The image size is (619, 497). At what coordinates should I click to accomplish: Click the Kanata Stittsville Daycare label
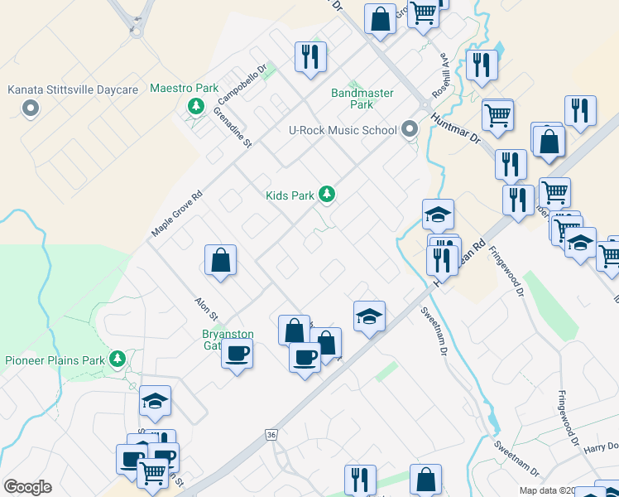point(72,89)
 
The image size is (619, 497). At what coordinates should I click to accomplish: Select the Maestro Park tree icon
point(196,105)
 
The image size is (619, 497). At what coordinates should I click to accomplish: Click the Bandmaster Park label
point(362,99)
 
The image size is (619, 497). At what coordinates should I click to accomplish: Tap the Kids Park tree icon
point(328,195)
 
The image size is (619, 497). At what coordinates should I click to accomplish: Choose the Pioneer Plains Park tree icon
point(118,359)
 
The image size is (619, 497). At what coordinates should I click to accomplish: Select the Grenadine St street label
point(233,128)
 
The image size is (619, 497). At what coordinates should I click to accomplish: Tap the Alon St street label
point(205,309)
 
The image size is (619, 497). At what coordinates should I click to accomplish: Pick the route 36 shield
point(271,435)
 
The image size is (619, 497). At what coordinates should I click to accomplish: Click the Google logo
point(27,486)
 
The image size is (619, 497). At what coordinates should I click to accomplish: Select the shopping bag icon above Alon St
point(221,260)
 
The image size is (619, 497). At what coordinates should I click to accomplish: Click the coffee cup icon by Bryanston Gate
point(237,354)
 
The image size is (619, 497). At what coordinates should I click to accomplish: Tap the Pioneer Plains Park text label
point(55,360)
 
